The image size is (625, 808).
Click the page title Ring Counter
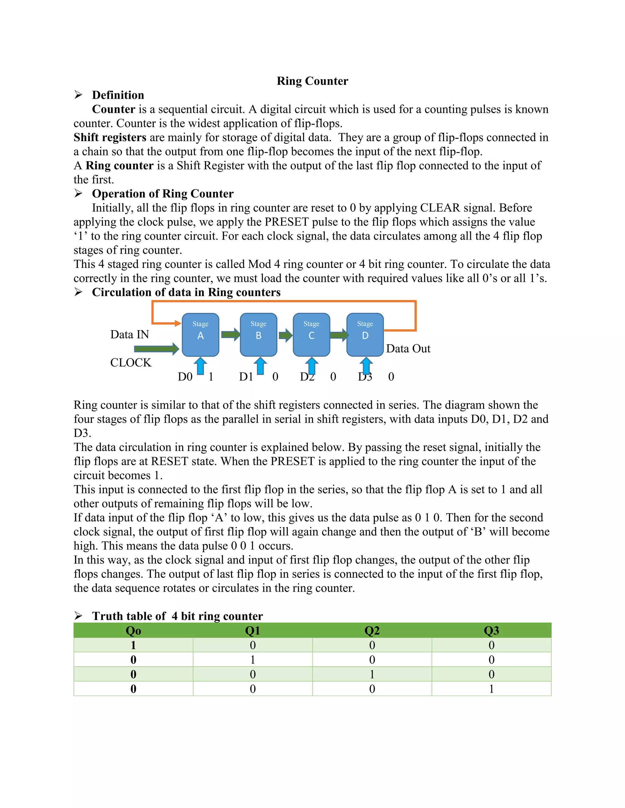pyautogui.click(x=312, y=81)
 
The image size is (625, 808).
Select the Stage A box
pyautogui.click(x=200, y=334)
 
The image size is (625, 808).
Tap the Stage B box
pyautogui.click(x=258, y=334)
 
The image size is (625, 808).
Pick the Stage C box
pyautogui.click(x=311, y=334)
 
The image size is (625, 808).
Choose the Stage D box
pyautogui.click(x=365, y=334)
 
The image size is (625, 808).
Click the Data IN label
pyautogui.click(x=129, y=334)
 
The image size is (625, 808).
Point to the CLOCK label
pyautogui.click(x=131, y=363)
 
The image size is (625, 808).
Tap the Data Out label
pyautogui.click(x=408, y=349)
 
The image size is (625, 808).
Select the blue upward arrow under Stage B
pyautogui.click(x=260, y=366)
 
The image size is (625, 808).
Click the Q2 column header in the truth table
pyautogui.click(x=372, y=631)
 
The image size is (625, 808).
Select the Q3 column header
pyautogui.click(x=491, y=631)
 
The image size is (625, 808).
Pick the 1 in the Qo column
pyautogui.click(x=133, y=645)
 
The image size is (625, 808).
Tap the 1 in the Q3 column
pyautogui.click(x=491, y=689)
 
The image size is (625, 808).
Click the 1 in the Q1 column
pyautogui.click(x=252, y=660)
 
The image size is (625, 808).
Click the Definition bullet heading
pyautogui.click(x=118, y=95)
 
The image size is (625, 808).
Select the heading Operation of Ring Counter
pyautogui.click(x=163, y=194)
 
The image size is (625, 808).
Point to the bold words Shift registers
pyautogui.click(x=110, y=137)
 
